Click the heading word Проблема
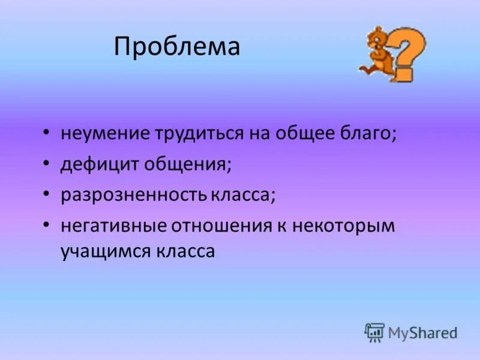pos(177,47)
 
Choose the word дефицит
pos(98,164)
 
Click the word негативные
pos(113,226)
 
